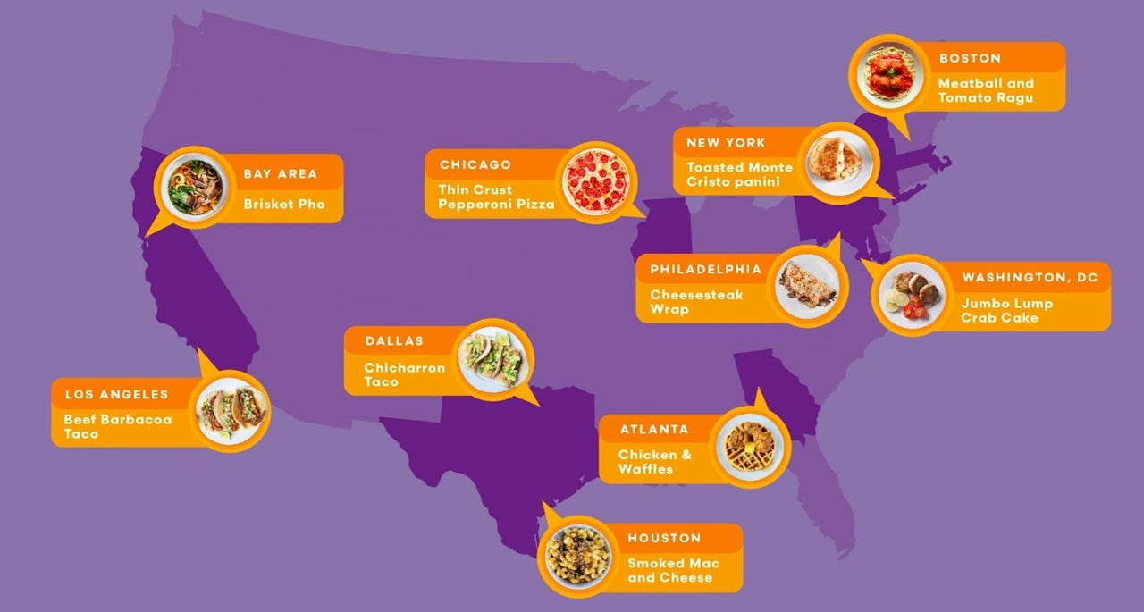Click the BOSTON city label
tap(970, 58)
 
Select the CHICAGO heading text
tap(475, 164)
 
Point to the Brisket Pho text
tap(283, 205)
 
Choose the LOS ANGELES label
tap(116, 394)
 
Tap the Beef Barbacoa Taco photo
tap(232, 411)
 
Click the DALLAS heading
tap(394, 341)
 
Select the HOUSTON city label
tap(664, 538)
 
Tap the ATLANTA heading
tap(654, 430)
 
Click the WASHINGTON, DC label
tap(1030, 278)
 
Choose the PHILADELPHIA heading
tap(705, 269)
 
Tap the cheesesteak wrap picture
tap(806, 284)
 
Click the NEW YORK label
tap(726, 143)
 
